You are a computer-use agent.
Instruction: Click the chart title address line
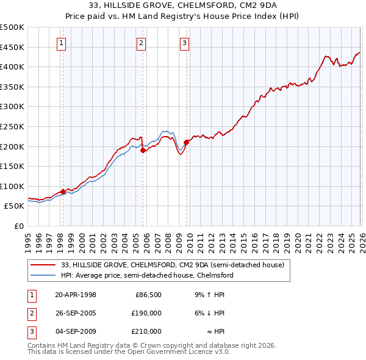coord(182,6)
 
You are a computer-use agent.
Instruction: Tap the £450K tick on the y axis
coord(12,47)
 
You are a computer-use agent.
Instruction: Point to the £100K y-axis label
coord(12,186)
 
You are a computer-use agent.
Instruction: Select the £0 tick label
coord(18,226)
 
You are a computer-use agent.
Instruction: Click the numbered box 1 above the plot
coord(62,43)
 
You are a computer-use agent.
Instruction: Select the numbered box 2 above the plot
coord(141,43)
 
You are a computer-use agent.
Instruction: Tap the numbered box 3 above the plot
coord(184,43)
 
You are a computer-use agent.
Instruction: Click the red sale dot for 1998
coord(63,192)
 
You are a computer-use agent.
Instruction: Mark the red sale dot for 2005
coord(143,150)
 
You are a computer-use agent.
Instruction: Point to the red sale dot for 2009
coord(186,142)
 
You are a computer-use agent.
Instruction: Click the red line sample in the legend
coord(44,265)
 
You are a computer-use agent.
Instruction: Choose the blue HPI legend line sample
coord(44,275)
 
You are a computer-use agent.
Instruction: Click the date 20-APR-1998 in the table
coord(76,295)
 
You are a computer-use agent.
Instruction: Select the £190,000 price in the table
coord(147,313)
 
